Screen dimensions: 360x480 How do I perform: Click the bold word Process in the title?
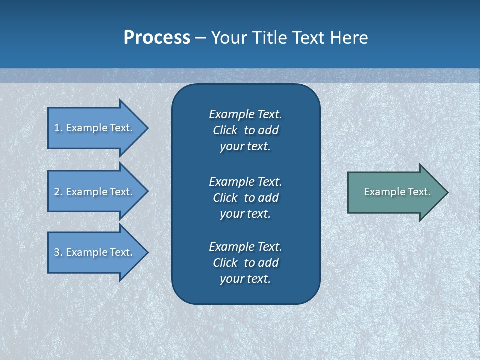157,38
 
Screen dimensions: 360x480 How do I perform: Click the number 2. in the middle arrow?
58,192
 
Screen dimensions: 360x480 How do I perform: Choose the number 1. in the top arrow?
58,128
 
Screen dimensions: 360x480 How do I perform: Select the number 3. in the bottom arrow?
58,252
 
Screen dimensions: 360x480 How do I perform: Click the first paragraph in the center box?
245,130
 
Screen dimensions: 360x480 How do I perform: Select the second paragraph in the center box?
245,198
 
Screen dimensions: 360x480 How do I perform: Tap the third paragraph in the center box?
245,263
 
